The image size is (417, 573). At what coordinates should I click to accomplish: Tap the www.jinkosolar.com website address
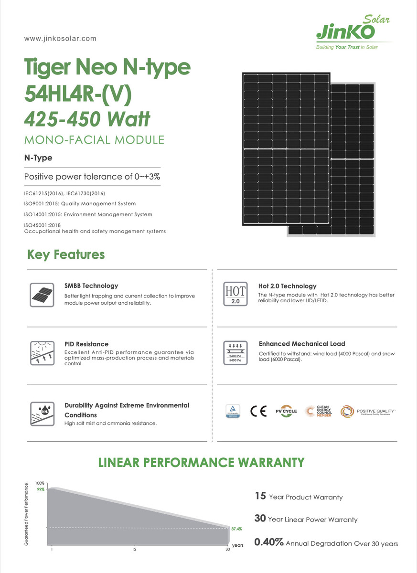pyautogui.click(x=60, y=38)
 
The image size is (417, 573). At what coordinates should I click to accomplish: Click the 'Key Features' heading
pyautogui.click(x=66, y=255)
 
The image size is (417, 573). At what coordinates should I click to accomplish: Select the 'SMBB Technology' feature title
pyautogui.click(x=91, y=286)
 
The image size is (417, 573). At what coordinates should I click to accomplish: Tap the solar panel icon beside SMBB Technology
pyautogui.click(x=42, y=294)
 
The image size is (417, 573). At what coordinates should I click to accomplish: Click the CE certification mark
pyautogui.click(x=258, y=411)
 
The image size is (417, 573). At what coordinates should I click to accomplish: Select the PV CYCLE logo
pyautogui.click(x=286, y=411)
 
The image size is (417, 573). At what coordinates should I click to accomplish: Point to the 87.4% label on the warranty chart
pyautogui.click(x=236, y=529)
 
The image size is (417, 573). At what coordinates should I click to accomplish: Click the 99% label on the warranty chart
pyautogui.click(x=41, y=489)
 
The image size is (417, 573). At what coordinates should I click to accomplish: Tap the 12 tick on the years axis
pyautogui.click(x=134, y=549)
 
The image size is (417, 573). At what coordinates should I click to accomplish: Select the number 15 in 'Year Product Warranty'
pyautogui.click(x=260, y=496)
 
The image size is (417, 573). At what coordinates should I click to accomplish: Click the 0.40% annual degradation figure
pyautogui.click(x=269, y=542)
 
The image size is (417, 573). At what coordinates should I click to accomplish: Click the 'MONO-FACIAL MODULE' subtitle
pyautogui.click(x=94, y=140)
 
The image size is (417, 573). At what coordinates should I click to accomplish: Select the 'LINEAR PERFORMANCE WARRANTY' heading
pyautogui.click(x=201, y=462)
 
